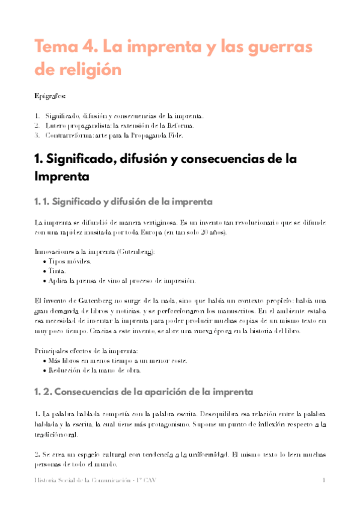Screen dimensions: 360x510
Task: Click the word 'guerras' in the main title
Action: pos(285,46)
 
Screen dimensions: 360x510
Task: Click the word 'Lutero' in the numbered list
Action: pos(55,126)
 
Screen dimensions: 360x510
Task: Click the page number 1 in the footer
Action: pos(323,481)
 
